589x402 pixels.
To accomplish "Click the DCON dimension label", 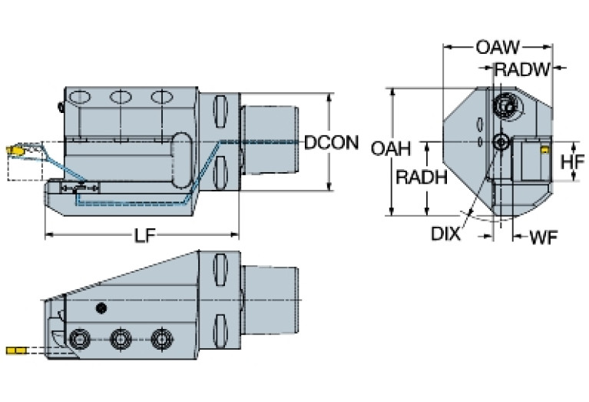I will point(331,142).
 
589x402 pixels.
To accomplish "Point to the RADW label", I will point(521,70).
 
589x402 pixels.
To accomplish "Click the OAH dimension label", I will point(390,148).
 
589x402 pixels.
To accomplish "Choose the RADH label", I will point(421,178).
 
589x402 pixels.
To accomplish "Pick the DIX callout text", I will point(445,233).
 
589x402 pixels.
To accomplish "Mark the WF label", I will point(543,237).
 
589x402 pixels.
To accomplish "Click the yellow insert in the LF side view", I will point(14,150).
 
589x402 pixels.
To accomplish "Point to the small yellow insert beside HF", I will point(544,151).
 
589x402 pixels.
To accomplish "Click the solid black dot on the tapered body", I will point(100,308).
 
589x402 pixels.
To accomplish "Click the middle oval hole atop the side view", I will point(120,98).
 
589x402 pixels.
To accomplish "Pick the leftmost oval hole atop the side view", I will point(78,98).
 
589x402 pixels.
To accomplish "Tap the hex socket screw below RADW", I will point(505,104).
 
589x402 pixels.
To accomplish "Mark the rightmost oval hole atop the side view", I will point(160,98).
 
